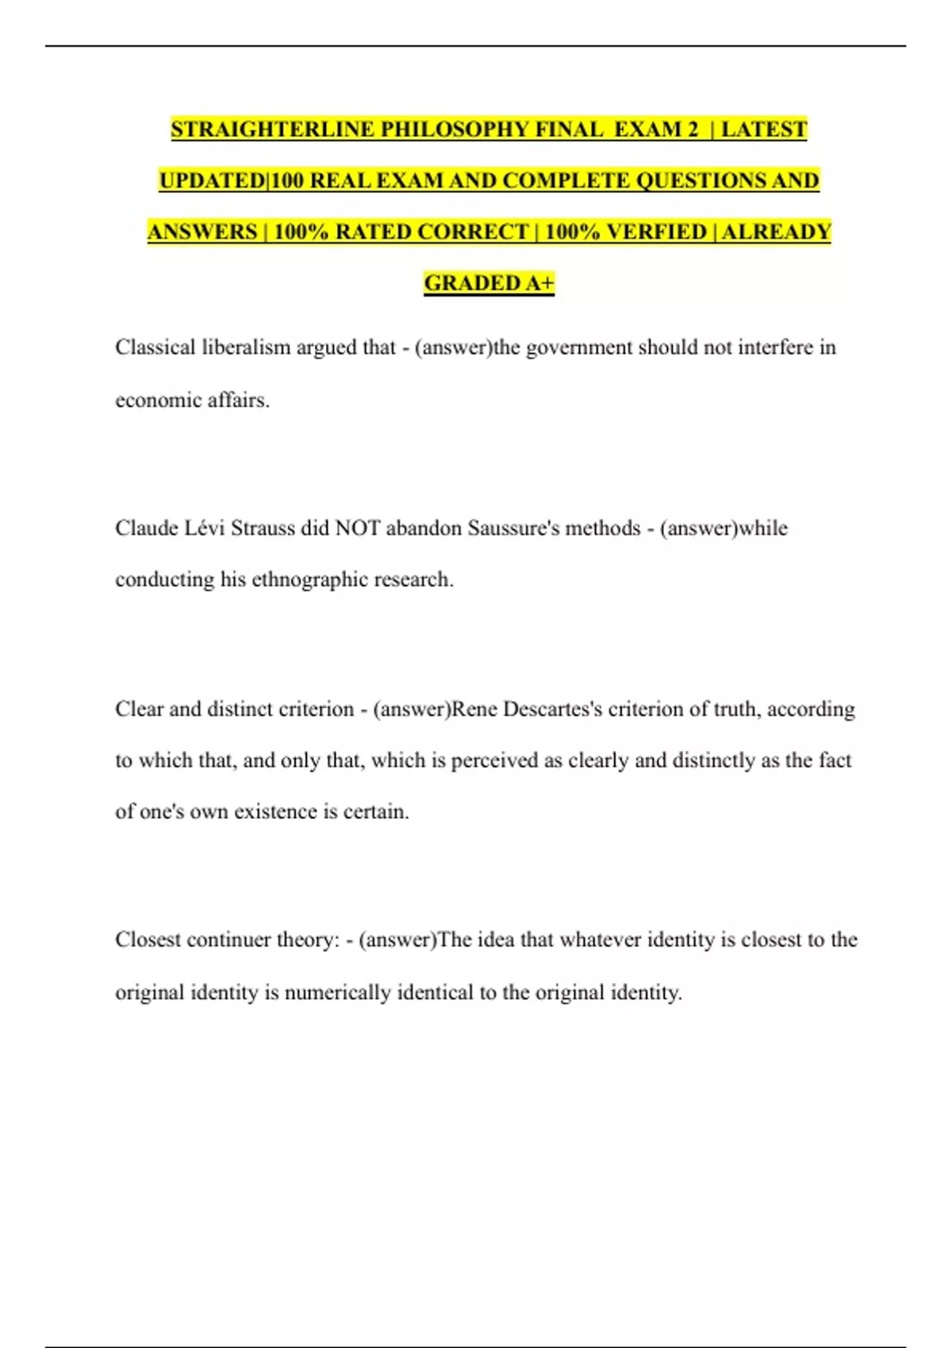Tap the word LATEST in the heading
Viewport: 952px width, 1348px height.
[763, 129]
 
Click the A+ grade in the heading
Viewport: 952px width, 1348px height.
[539, 283]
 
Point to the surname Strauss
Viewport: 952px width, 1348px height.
[263, 528]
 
